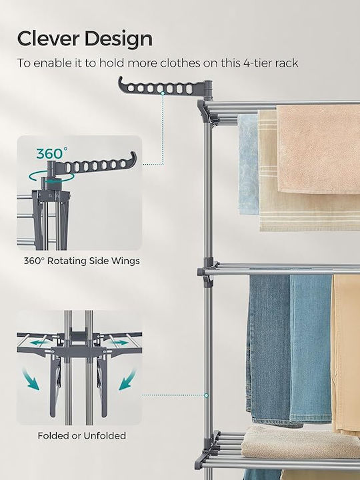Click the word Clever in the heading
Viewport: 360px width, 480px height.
pyautogui.click(x=48, y=39)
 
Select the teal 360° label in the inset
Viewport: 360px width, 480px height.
pyautogui.click(x=52, y=154)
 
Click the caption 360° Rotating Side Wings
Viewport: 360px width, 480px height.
pyautogui.click(x=82, y=261)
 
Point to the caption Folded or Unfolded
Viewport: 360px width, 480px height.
pyautogui.click(x=82, y=435)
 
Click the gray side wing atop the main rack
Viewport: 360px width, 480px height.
pyautogui.click(x=165, y=87)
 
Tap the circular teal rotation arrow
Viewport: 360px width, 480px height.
pyautogui.click(x=51, y=178)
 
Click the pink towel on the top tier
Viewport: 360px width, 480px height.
pyautogui.click(x=319, y=149)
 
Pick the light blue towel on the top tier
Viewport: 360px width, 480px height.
pyautogui.click(x=248, y=165)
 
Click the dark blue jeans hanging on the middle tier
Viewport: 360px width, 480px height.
pyautogui.click(x=269, y=349)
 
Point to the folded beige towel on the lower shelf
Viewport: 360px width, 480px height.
pyautogui.click(x=301, y=443)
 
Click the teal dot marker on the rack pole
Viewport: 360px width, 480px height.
pyautogui.click(x=206, y=395)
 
